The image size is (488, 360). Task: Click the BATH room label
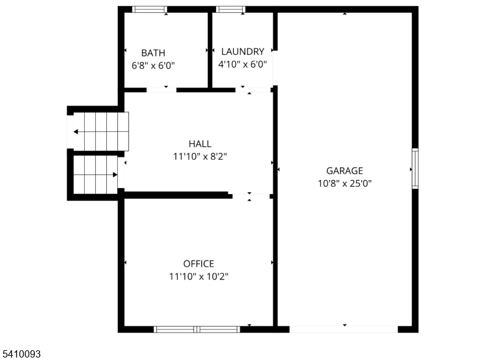point(153,53)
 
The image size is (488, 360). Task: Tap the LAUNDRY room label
point(243,52)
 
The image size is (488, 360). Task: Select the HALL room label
point(200,144)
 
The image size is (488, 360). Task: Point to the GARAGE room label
point(344,171)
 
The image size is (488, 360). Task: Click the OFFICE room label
point(199,264)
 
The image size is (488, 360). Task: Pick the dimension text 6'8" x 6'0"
point(153,65)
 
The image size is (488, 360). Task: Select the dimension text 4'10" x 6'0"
point(243,64)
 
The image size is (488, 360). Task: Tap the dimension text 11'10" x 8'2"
point(200,157)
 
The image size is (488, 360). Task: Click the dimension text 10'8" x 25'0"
point(344,183)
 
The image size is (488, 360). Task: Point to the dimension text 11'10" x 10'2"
point(199,276)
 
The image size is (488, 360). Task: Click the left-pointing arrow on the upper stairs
point(76,131)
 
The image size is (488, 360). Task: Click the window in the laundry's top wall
point(230,9)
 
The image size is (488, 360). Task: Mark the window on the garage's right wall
point(415,168)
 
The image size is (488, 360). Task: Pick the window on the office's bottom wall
point(196,329)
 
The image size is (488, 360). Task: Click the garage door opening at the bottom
point(343,329)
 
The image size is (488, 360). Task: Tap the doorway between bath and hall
point(161,90)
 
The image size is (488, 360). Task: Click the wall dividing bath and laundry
point(210,50)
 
